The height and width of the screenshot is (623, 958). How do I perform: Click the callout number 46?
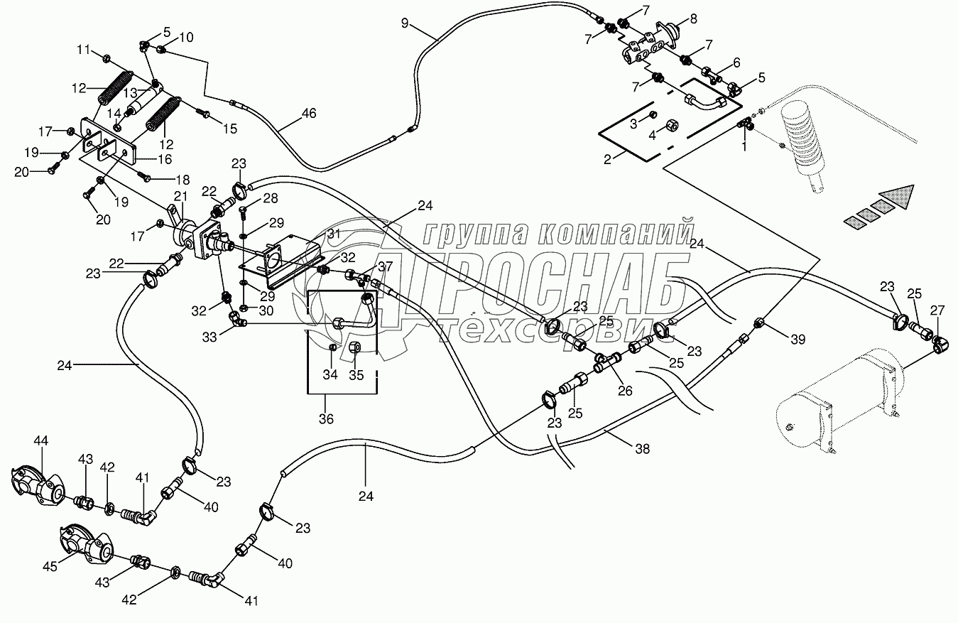click(309, 114)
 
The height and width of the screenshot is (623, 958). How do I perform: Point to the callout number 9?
click(405, 23)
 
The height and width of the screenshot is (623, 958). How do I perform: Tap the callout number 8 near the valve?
click(693, 19)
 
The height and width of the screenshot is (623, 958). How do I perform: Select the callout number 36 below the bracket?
click(326, 418)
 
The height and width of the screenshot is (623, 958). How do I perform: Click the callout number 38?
click(643, 448)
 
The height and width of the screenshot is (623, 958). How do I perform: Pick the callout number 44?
click(41, 440)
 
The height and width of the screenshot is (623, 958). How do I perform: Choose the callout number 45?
click(50, 566)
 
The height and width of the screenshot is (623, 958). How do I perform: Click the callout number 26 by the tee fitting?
click(625, 391)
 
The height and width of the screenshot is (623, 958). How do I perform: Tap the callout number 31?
click(334, 234)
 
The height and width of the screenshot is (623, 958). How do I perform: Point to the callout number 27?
click(937, 310)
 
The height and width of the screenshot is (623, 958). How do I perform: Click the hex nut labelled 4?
click(669, 126)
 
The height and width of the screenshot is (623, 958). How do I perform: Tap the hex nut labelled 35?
click(354, 347)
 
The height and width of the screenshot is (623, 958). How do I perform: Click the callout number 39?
click(798, 340)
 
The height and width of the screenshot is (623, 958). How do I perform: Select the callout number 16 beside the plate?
click(165, 159)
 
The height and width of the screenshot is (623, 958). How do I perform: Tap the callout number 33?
click(209, 337)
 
